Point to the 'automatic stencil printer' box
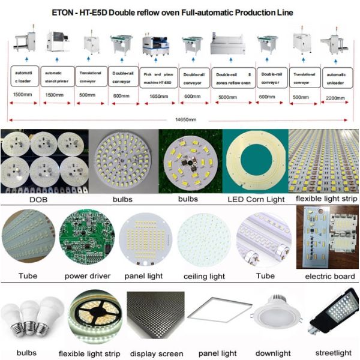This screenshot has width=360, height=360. pos(57,77)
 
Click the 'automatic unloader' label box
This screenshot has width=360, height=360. pos(337,77)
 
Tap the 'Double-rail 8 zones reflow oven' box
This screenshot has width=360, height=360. pos(232,77)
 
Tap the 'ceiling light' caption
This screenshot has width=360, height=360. pos(204,277)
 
